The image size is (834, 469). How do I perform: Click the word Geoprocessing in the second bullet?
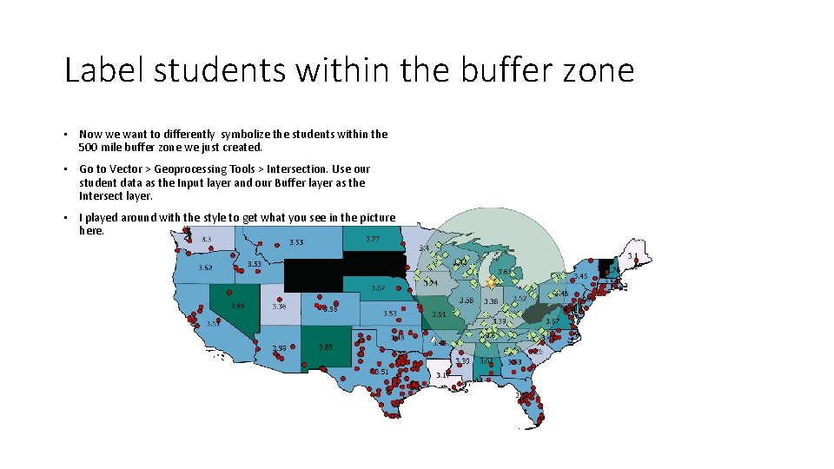191,169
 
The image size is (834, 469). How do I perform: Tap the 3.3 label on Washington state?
207,239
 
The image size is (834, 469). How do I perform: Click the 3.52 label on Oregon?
205,268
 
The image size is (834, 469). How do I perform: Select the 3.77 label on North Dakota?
372,239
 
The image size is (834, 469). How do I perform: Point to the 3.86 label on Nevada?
237,306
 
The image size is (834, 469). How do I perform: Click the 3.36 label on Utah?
279,306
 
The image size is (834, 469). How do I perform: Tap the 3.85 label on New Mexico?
325,347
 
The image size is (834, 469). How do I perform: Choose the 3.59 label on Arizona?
279,348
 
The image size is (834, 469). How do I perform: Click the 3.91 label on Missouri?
439,314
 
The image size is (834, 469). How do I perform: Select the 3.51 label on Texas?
381,371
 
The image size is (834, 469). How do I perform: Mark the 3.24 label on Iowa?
431,283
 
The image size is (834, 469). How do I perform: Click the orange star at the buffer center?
490,282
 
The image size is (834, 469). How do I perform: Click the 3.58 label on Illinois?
467,301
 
